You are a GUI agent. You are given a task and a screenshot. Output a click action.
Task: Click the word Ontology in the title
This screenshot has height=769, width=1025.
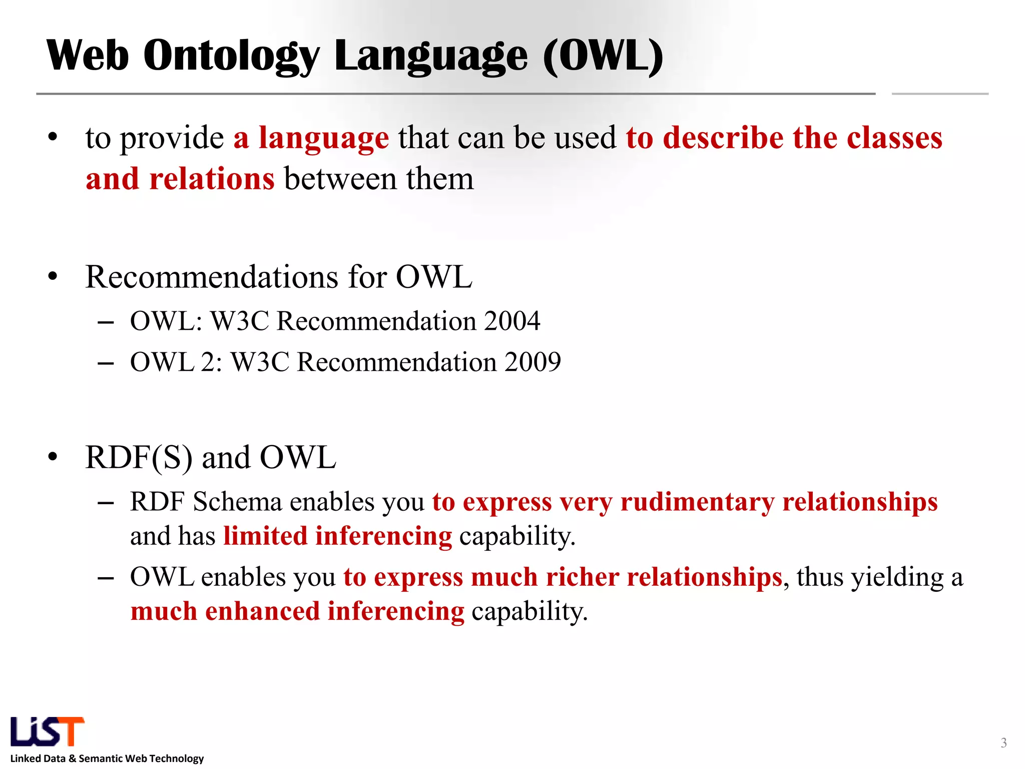(x=231, y=56)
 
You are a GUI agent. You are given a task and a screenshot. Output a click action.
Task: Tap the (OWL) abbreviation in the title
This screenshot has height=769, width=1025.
(x=603, y=56)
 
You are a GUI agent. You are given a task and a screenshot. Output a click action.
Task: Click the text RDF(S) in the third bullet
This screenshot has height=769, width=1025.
(x=139, y=458)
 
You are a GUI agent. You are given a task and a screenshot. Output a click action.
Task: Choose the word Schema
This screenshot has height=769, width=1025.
(x=237, y=502)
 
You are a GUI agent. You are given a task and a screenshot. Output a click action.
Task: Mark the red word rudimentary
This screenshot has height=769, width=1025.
(x=697, y=502)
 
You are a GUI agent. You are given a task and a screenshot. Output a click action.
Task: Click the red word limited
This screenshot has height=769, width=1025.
(x=265, y=536)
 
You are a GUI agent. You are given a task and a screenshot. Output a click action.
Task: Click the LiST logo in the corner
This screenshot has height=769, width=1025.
(x=47, y=731)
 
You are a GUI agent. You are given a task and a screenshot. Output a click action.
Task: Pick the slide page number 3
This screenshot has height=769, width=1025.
(x=1003, y=743)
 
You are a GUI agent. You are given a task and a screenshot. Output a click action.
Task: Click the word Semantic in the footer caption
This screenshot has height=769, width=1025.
(x=101, y=758)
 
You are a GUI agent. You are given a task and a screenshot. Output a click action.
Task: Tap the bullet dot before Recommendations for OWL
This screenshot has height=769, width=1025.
(x=53, y=276)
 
